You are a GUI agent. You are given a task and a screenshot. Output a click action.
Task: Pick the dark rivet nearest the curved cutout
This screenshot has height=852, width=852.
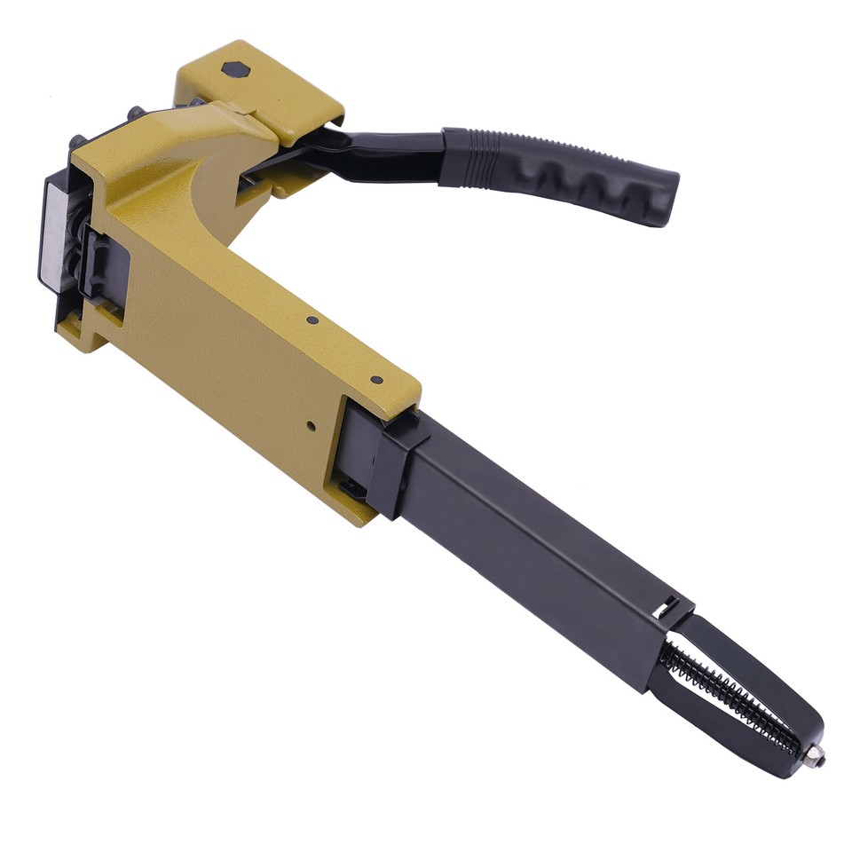tap(312, 320)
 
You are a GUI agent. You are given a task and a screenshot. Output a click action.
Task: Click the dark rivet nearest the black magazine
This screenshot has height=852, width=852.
tap(376, 379)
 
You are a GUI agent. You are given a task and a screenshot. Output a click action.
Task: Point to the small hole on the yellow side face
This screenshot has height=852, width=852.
tap(310, 426)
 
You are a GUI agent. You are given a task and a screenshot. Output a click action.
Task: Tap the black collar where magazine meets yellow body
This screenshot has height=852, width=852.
tap(390, 461)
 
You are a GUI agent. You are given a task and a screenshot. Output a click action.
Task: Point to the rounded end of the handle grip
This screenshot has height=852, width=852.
tap(666, 200)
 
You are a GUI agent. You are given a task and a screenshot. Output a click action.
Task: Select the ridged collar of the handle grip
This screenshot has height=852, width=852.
tap(466, 155)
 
